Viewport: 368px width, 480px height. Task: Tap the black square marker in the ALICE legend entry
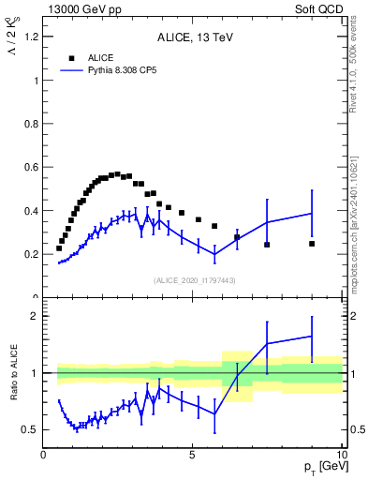(x=71, y=58)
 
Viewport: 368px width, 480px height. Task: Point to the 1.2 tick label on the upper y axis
(x=30, y=37)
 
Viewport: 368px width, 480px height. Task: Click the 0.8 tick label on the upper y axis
(x=30, y=124)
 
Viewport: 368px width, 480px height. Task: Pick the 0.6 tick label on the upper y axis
(x=30, y=167)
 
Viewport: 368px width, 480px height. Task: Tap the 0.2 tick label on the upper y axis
(x=30, y=254)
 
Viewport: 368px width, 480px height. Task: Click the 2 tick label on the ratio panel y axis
(x=34, y=316)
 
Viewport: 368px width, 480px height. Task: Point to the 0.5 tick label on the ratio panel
(x=30, y=429)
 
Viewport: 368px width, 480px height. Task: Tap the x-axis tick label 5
(x=192, y=456)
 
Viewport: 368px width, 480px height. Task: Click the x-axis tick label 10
(x=340, y=456)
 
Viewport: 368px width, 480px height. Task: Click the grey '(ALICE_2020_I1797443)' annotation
(x=193, y=280)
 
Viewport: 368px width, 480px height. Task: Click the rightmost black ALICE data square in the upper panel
(x=312, y=244)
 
